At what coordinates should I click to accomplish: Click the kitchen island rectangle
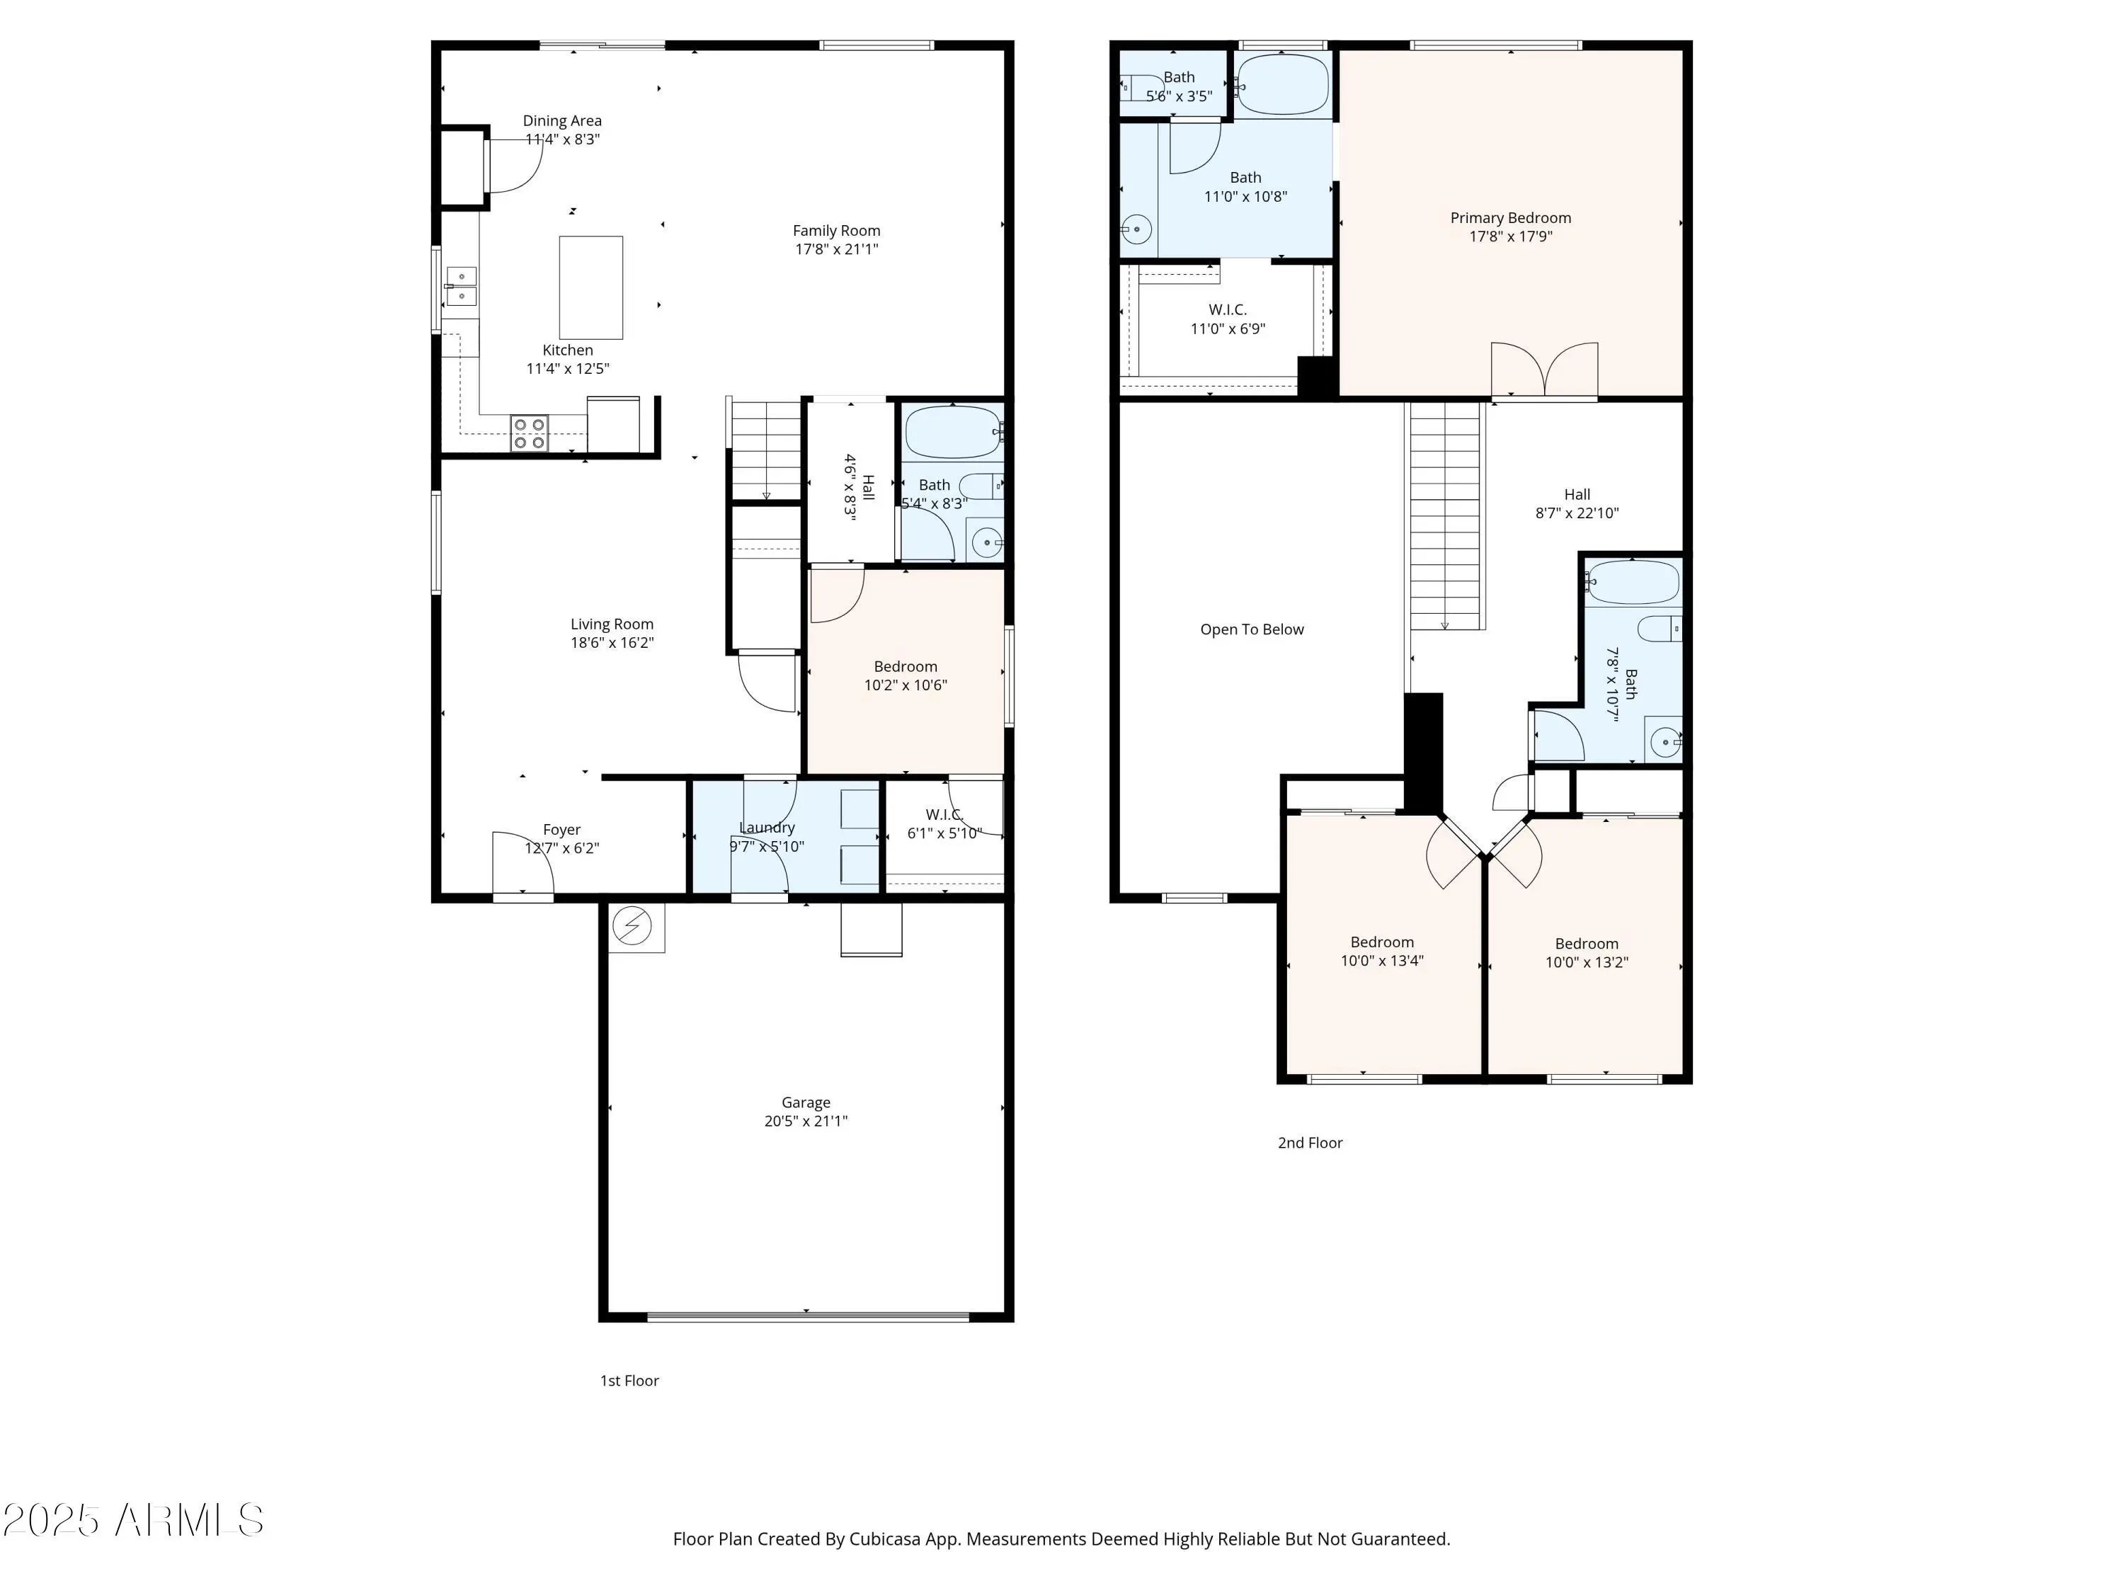[x=590, y=287]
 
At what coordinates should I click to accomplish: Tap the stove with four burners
[x=529, y=433]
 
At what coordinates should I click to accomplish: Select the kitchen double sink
[x=460, y=286]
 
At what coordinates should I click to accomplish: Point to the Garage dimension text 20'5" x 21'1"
[x=806, y=1121]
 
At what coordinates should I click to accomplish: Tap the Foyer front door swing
[x=523, y=862]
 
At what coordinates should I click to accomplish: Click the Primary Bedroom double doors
[x=1544, y=370]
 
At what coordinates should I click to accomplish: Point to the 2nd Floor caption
[x=1310, y=1143]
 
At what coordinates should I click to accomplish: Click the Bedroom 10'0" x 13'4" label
[x=1383, y=951]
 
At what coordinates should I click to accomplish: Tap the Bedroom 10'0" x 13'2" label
[x=1587, y=952]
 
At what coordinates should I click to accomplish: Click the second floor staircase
[x=1445, y=517]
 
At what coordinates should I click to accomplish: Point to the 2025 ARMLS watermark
[x=134, y=1520]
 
